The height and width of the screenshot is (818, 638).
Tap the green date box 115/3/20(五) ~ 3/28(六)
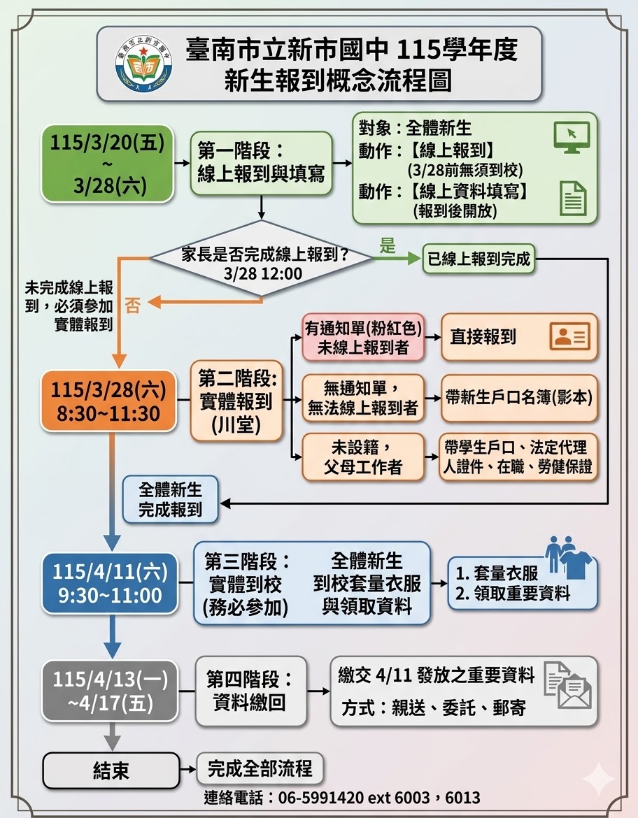pos(107,164)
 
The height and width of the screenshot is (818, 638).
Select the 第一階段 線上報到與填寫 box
pos(261,163)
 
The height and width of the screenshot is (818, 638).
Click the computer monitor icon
pos(572,136)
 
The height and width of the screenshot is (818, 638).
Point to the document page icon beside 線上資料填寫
pos(573,198)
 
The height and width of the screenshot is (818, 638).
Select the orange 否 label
pos(132,305)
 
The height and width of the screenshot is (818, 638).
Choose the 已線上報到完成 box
pos(478,260)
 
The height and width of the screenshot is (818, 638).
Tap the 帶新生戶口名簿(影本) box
pos(519,398)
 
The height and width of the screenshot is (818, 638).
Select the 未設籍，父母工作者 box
pos(363,457)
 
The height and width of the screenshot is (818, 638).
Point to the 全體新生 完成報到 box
pos(171,499)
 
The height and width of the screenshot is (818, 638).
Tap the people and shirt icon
pos(567,557)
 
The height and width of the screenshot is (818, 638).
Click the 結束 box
pos(111,770)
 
